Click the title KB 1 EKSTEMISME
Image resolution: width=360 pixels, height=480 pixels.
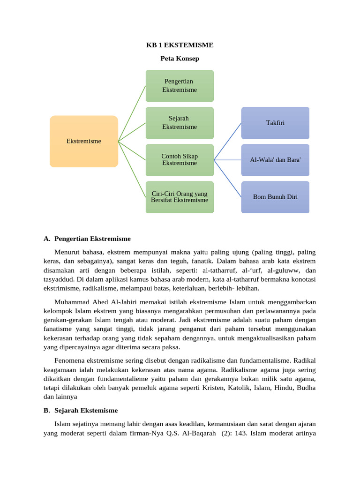coord(180,45)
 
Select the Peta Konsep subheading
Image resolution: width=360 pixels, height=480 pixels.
coord(180,59)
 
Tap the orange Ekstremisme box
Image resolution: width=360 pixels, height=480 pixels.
coord(84,141)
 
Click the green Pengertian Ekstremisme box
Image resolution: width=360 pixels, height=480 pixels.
coord(180,86)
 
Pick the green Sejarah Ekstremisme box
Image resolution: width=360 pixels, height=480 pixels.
coord(180,123)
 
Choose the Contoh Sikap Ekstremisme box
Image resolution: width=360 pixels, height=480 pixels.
coord(180,160)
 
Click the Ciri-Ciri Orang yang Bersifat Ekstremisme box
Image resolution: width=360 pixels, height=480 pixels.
coord(180,197)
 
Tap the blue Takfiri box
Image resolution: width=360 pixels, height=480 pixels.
coord(275,123)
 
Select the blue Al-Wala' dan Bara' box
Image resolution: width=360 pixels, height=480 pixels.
coord(275,160)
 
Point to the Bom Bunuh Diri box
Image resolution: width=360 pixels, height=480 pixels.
coord(275,197)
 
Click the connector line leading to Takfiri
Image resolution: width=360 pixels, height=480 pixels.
coord(228,141)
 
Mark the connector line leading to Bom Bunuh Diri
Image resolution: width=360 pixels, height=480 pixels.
coord(228,179)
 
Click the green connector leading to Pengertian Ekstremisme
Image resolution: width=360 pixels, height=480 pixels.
coord(132,113)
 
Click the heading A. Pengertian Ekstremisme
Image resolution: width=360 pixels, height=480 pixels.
coord(87,239)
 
